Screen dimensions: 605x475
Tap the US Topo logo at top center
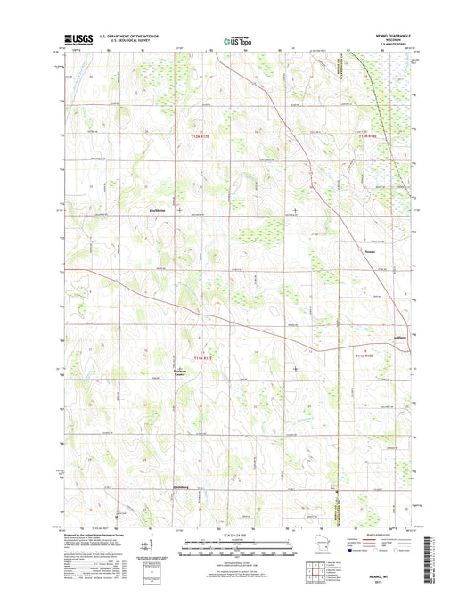(x=237, y=39)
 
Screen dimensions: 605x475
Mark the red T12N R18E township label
(x=368, y=135)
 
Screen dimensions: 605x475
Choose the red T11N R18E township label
(x=368, y=356)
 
